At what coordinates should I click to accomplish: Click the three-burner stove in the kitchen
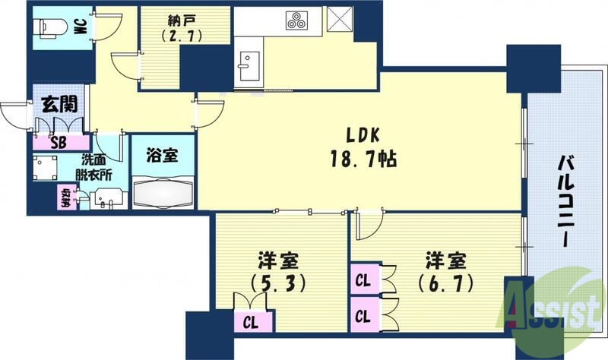(296, 21)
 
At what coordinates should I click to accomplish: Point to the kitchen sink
(247, 64)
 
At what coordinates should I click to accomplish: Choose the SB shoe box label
(58, 141)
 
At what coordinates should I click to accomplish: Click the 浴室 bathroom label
(163, 154)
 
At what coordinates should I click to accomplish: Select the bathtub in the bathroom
(163, 192)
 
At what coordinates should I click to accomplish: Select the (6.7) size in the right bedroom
(448, 283)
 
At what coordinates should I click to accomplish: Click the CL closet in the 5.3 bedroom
(250, 321)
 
